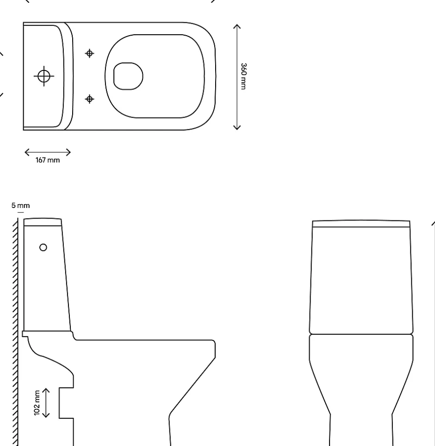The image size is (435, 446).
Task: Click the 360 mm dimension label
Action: [x=243, y=76]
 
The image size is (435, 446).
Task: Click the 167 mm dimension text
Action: [x=48, y=160]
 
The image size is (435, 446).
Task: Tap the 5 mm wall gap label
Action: [x=20, y=205]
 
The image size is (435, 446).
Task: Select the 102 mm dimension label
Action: [x=37, y=403]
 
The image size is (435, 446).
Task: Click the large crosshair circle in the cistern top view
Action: [x=44, y=76]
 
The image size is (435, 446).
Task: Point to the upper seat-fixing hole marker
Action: [x=89, y=53]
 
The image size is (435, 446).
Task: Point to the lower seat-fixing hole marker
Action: [x=89, y=99]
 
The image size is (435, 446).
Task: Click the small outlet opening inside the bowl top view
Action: [x=128, y=76]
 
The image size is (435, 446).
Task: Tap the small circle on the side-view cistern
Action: [x=43, y=247]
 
